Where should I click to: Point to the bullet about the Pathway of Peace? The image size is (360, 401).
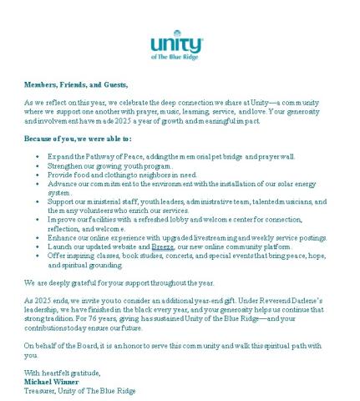click(x=167, y=156)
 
